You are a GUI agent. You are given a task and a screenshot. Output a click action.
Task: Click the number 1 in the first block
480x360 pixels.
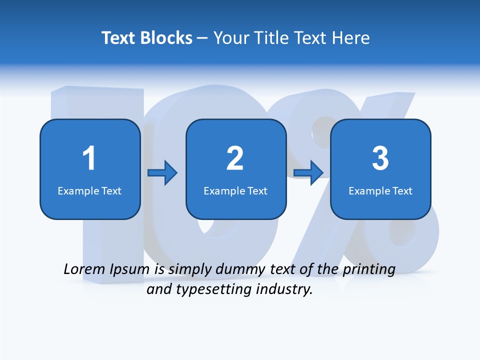pos(89,158)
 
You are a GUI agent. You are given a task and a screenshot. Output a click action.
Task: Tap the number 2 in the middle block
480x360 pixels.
pos(235,158)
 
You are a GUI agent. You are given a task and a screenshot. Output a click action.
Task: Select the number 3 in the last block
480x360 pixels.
pos(380,158)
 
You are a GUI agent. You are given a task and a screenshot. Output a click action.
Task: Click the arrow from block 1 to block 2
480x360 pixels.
pos(162,173)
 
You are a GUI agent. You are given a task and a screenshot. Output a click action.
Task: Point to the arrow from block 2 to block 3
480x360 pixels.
pos(308,173)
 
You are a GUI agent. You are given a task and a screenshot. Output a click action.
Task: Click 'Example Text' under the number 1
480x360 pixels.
pos(89,191)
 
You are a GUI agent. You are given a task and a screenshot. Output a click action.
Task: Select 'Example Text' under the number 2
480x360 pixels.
pos(235,191)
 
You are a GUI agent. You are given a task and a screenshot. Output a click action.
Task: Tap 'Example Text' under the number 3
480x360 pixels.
pos(380,191)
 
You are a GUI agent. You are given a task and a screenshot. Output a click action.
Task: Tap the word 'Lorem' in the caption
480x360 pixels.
pos(84,269)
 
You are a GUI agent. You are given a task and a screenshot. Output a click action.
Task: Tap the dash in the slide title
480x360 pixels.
pos(202,38)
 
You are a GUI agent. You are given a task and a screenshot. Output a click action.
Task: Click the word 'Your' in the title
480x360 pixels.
pos(230,38)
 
